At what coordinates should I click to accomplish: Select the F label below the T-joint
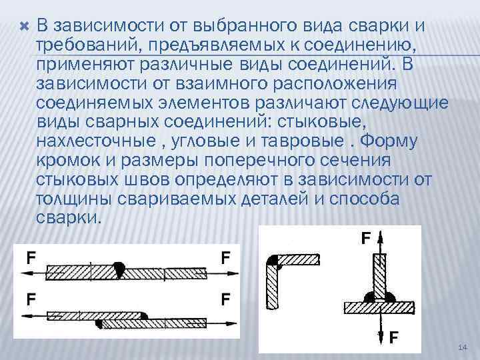[393, 338]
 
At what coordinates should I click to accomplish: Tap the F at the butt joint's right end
[226, 257]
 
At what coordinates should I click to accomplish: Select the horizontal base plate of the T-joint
[379, 307]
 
